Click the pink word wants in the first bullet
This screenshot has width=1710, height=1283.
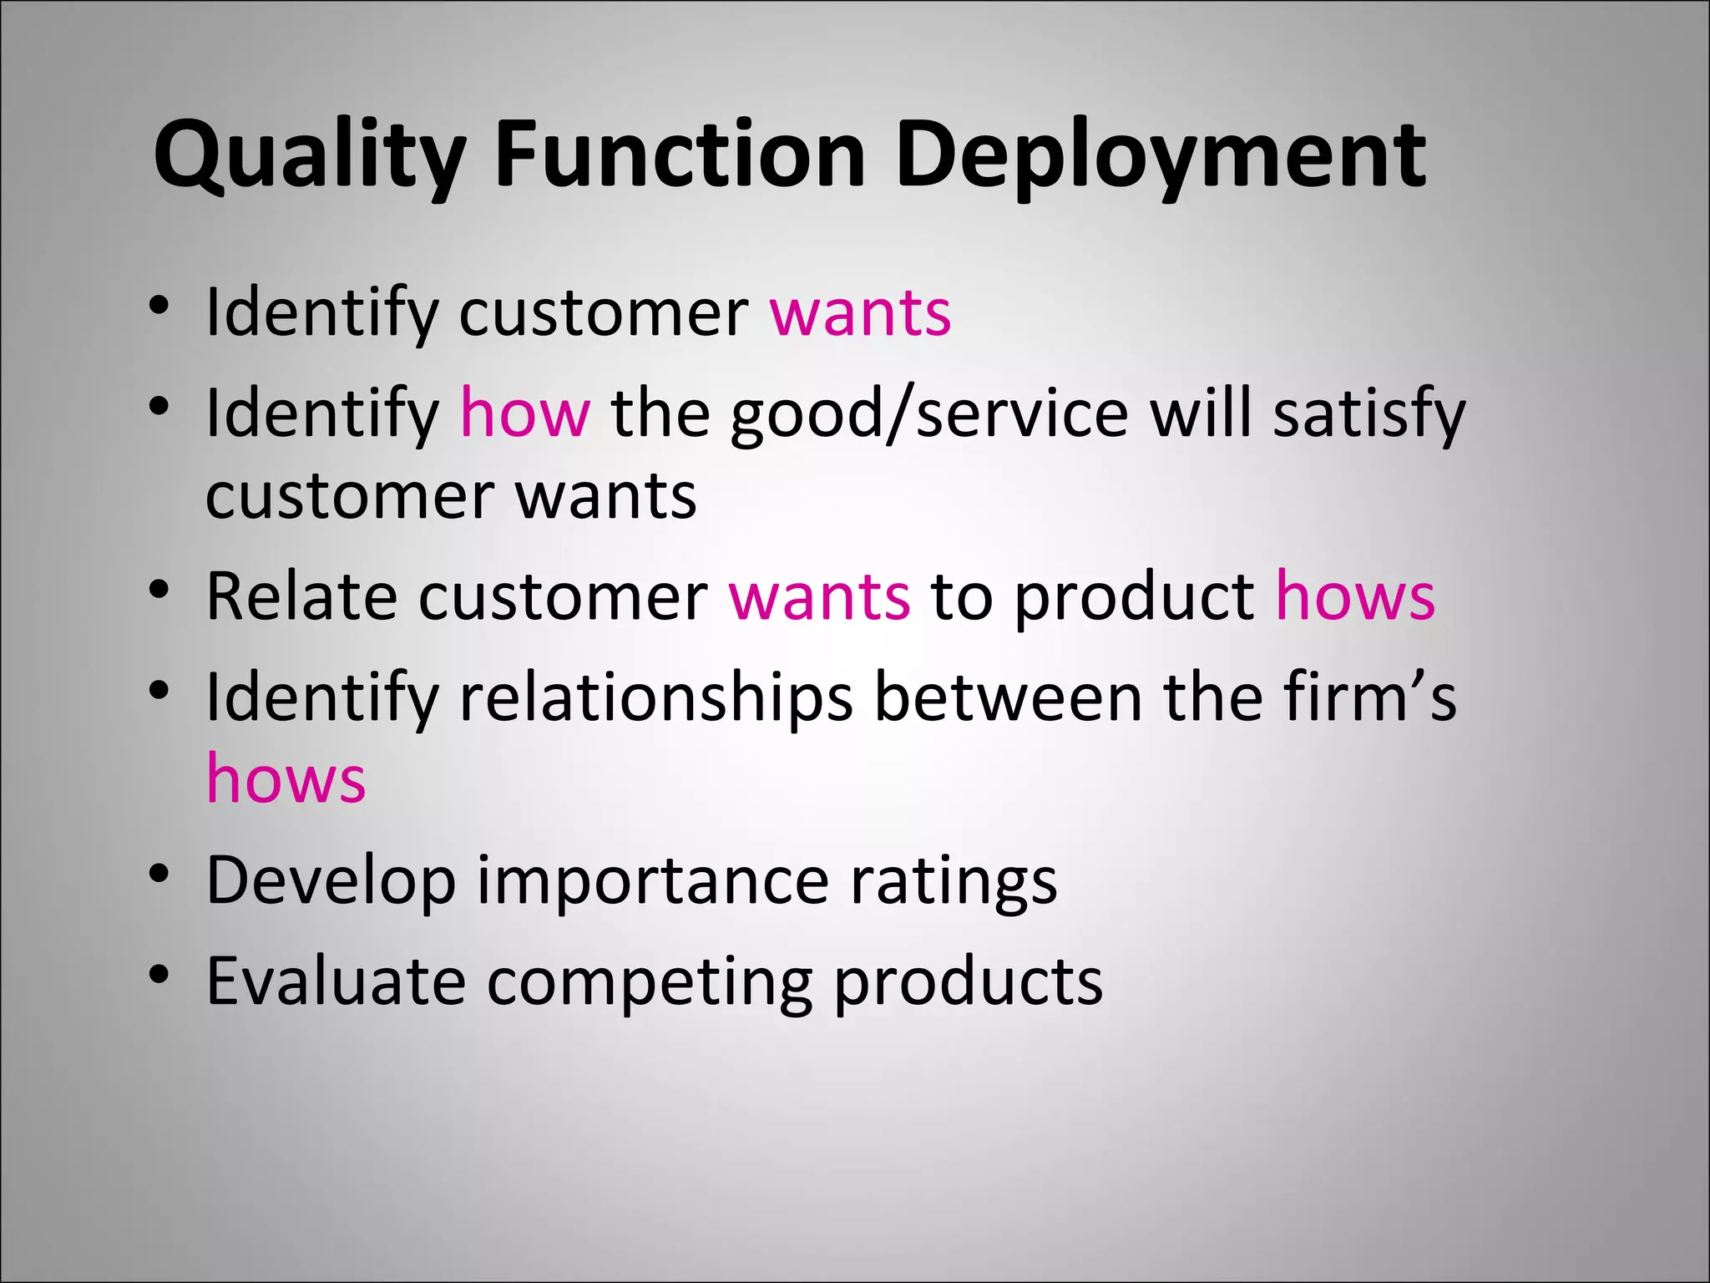tap(860, 313)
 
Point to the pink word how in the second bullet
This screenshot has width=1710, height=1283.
tap(525, 413)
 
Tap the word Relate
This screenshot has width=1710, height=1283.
tap(301, 596)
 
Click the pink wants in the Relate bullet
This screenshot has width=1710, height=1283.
tap(819, 598)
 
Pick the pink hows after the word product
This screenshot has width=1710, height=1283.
tap(1355, 596)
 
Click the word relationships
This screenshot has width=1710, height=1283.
tap(656, 698)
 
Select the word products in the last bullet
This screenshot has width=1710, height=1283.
tap(969, 982)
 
